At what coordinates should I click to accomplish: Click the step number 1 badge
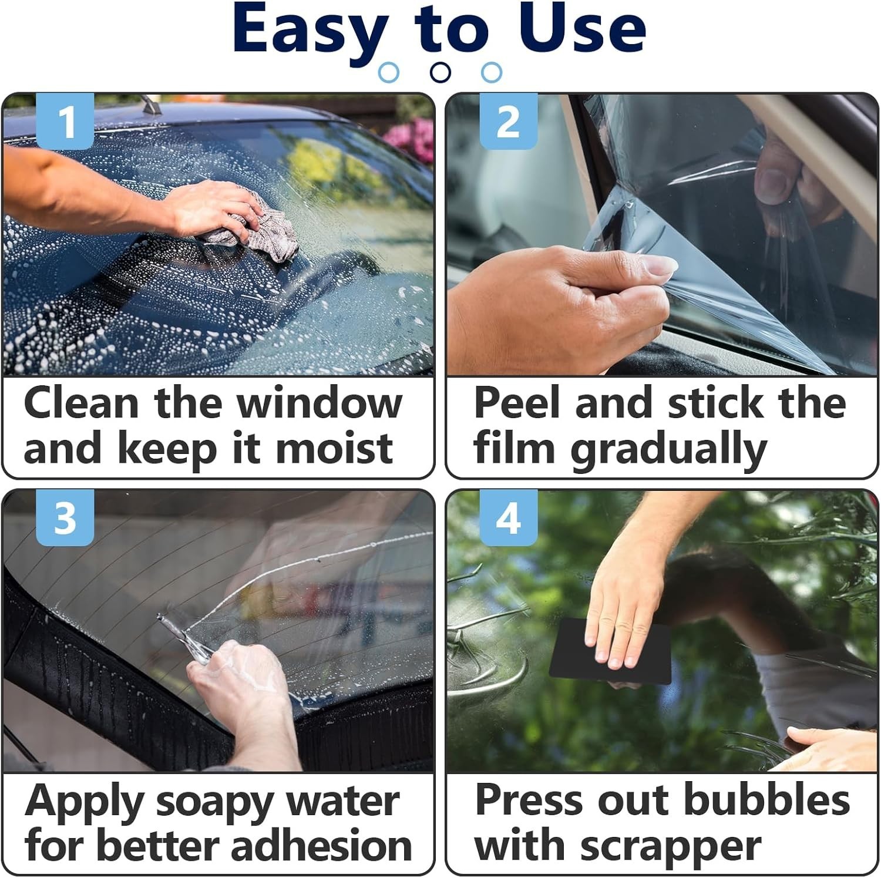coord(65,121)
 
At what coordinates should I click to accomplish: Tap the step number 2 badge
coord(509,121)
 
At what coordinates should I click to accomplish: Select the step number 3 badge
coord(65,518)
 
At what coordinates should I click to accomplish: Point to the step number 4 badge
coord(509,518)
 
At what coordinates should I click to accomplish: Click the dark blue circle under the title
coord(441,72)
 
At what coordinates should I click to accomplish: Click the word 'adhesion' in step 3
coord(321,846)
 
